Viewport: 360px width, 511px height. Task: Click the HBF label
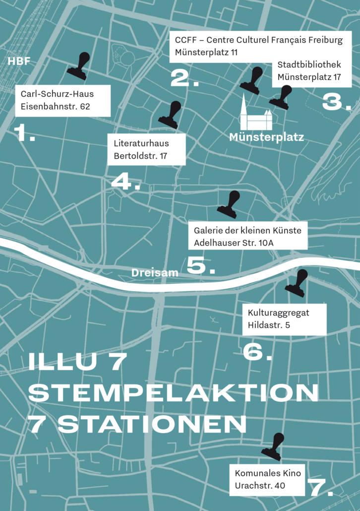[x=19, y=62]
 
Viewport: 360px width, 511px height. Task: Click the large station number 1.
[x=24, y=133]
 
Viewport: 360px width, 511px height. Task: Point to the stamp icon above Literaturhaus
[x=170, y=115]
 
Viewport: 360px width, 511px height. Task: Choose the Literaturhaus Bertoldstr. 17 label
[x=146, y=149]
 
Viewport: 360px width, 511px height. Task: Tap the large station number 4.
[x=125, y=182]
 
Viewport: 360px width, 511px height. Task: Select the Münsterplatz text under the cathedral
[x=266, y=137]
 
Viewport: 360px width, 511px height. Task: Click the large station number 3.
[x=336, y=102]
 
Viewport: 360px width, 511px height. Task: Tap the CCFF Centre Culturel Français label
[x=258, y=47]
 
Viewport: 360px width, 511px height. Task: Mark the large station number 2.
[x=184, y=79]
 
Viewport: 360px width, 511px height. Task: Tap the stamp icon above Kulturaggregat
[x=297, y=283]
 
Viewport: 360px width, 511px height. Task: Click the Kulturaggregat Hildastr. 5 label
[x=285, y=319]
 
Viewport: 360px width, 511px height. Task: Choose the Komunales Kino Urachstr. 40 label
[x=267, y=480]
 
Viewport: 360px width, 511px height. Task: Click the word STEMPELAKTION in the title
[x=173, y=393]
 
